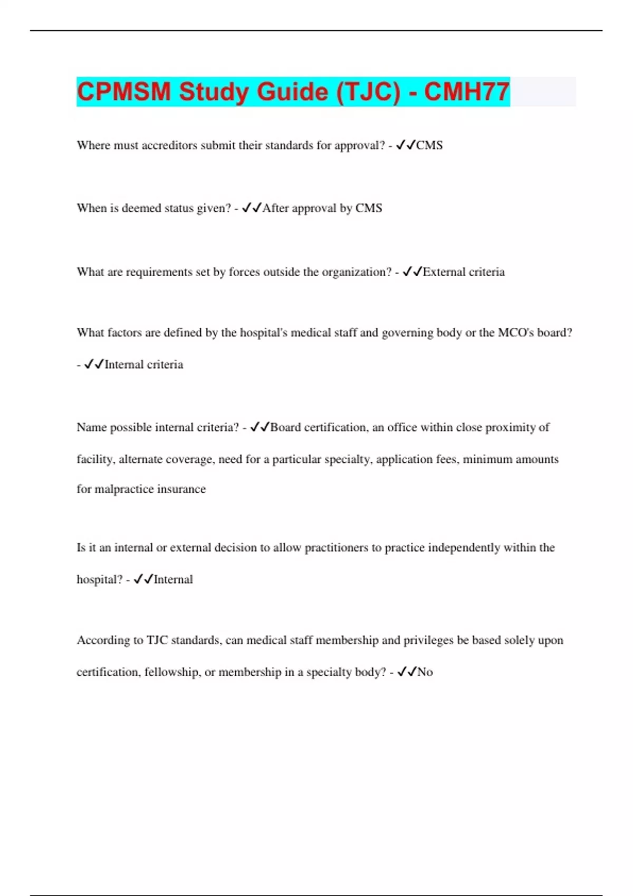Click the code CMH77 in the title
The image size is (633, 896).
(466, 92)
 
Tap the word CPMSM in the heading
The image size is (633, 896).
(124, 92)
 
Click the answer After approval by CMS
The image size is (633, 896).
(322, 208)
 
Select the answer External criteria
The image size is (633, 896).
(464, 272)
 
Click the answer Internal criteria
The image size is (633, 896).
(143, 365)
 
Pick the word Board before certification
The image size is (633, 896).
(285, 427)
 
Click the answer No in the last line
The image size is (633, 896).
(425, 672)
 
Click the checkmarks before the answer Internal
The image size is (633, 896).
(143, 580)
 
